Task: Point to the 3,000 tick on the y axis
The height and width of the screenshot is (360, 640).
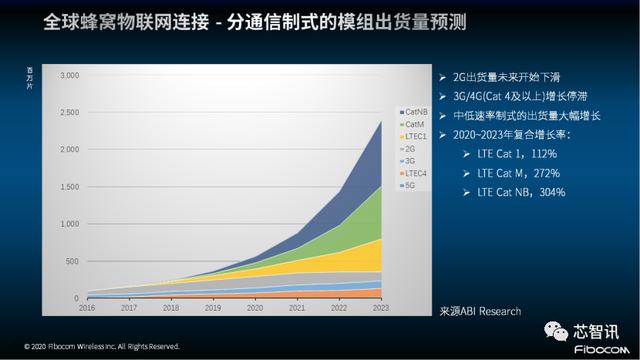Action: click(69, 76)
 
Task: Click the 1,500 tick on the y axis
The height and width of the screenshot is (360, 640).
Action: click(69, 187)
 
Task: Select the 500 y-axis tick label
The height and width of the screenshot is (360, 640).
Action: click(73, 261)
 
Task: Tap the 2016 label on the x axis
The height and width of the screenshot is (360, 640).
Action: click(87, 309)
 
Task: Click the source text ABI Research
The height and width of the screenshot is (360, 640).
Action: click(480, 311)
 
